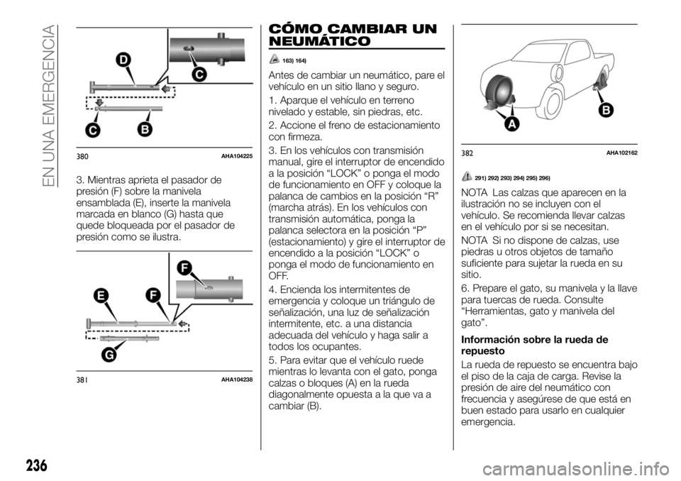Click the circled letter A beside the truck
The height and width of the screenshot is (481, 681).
pos(511,125)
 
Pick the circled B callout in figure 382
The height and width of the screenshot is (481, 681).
pos(606,110)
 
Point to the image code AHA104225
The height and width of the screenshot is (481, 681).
pos(233,155)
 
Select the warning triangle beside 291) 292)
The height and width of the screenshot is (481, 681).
pos(468,176)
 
